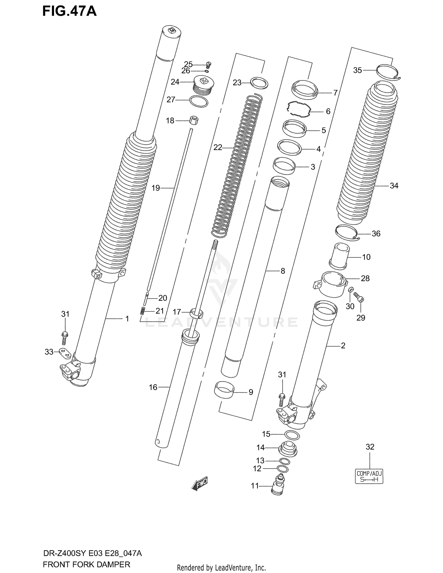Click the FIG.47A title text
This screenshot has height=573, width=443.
coord(69,11)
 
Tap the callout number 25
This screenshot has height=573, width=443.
coord(188,64)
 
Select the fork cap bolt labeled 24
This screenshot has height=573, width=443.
coord(203,85)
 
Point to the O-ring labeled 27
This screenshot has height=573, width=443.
coord(199,102)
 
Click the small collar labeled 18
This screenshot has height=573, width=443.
coord(194,120)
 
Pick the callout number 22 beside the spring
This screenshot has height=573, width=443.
coord(217,147)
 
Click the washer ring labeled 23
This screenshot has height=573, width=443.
coord(259,83)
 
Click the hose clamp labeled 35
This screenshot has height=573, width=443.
coord(388,72)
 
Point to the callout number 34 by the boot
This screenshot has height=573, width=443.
coord(394,186)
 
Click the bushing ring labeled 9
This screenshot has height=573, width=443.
coord(224,391)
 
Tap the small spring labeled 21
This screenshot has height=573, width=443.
coord(142,311)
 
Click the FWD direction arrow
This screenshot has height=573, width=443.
coord(200,484)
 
